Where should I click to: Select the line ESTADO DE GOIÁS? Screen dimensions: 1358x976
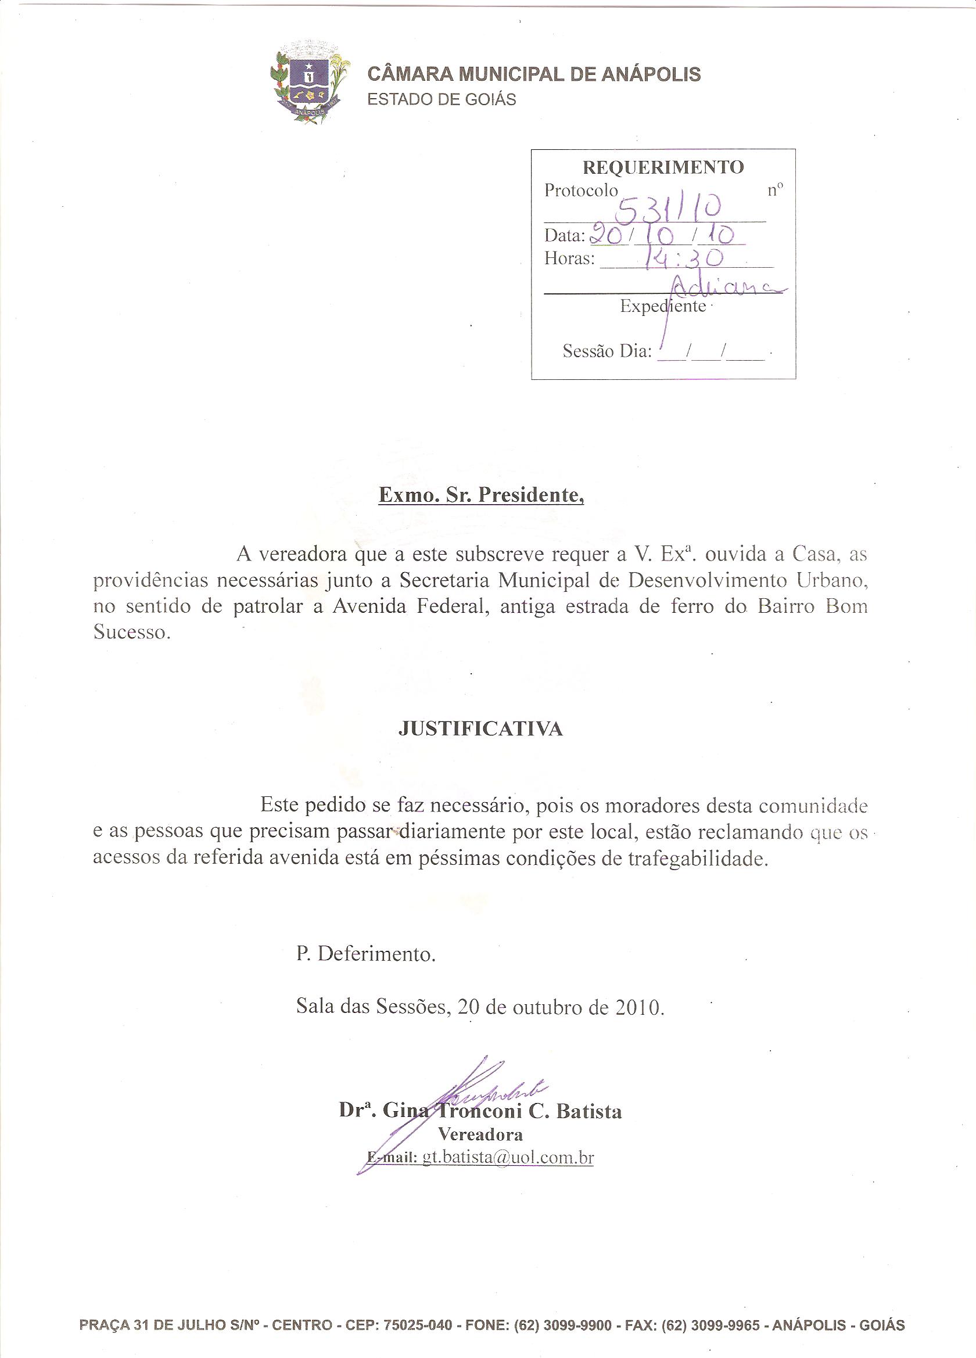(x=442, y=99)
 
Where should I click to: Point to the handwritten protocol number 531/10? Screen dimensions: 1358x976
(x=670, y=210)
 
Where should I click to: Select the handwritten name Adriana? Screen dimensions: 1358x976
(x=724, y=287)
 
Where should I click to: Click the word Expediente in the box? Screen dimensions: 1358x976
(x=663, y=307)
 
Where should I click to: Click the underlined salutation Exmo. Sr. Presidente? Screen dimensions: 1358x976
(x=481, y=496)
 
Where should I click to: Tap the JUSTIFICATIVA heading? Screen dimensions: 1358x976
(x=481, y=729)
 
